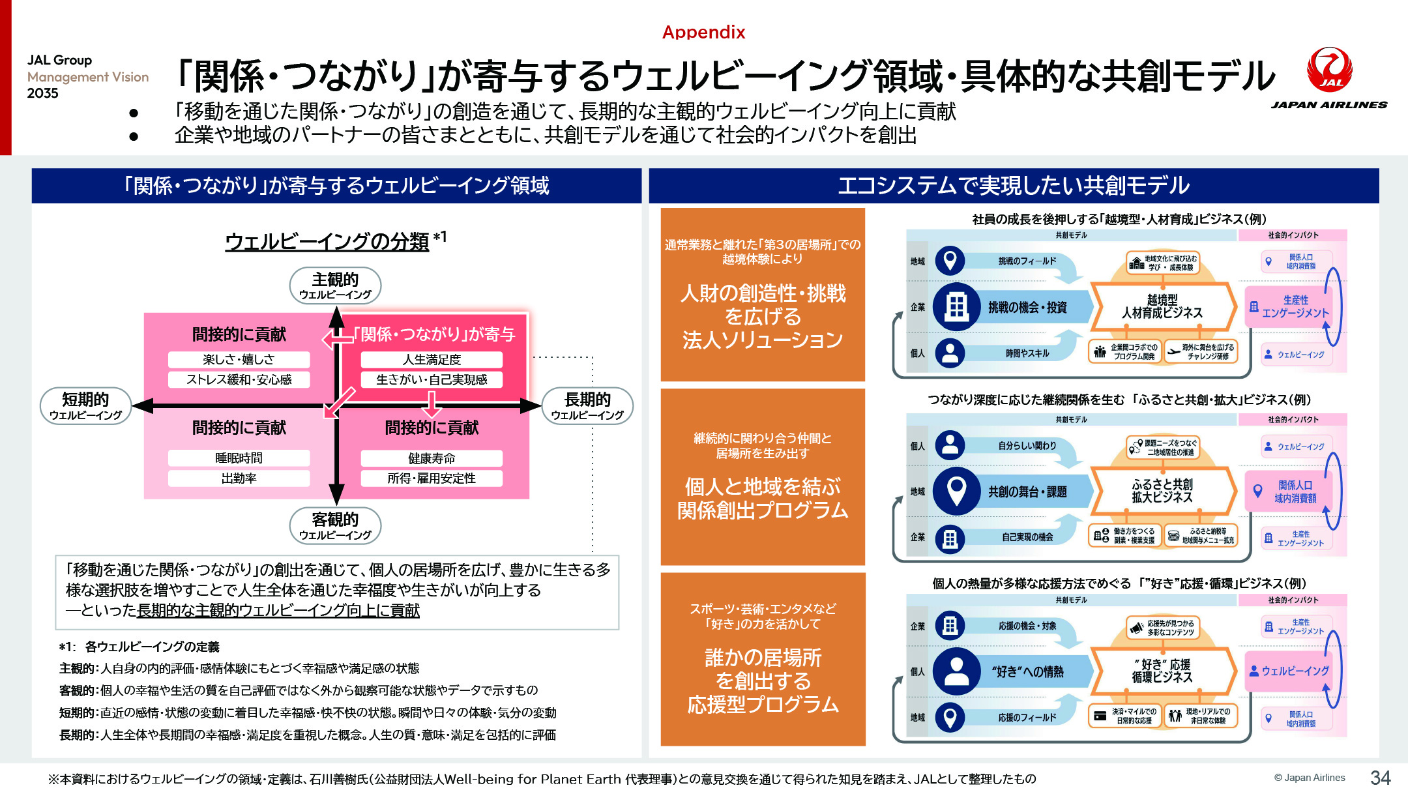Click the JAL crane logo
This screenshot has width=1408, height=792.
(x=1329, y=70)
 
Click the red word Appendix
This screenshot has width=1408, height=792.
(x=703, y=32)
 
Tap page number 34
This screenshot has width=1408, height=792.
(x=1380, y=778)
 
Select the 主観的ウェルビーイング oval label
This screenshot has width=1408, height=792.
(x=335, y=286)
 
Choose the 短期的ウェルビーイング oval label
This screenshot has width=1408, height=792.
(x=85, y=405)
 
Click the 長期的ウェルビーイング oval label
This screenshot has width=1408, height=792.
(x=587, y=405)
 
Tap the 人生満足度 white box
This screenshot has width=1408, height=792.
(x=432, y=359)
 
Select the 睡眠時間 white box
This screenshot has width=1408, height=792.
(x=239, y=458)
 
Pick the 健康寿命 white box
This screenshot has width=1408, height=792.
(x=432, y=458)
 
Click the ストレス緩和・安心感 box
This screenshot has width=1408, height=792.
(x=239, y=379)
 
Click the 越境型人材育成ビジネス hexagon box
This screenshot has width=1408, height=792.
(x=1162, y=306)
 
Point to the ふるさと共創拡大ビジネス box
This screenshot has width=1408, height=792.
(x=1162, y=491)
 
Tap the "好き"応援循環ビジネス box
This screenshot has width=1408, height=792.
(x=1162, y=671)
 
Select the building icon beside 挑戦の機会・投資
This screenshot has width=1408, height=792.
(x=956, y=306)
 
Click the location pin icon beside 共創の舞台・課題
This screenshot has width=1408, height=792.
(x=956, y=491)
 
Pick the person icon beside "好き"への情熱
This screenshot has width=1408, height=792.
(x=956, y=671)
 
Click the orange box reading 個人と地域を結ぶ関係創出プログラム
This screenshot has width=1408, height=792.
(x=763, y=477)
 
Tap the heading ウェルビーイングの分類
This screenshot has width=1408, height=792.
(x=327, y=241)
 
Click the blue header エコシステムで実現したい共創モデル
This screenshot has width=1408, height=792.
(x=1014, y=186)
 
